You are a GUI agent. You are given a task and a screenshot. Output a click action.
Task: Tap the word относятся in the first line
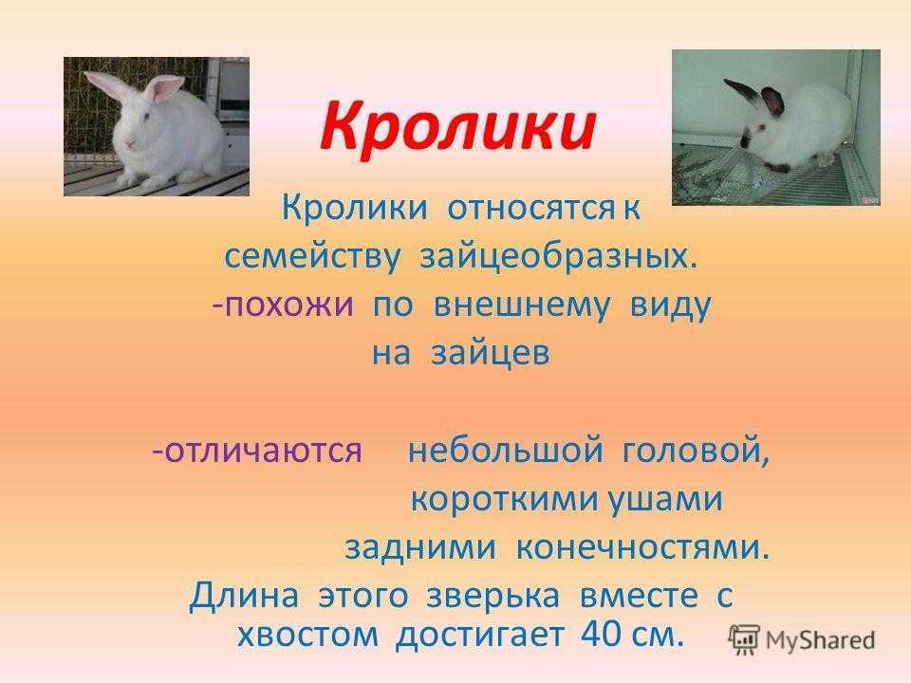(530, 208)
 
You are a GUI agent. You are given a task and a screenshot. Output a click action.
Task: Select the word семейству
(312, 256)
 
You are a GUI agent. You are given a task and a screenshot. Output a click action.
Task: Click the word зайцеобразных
(557, 256)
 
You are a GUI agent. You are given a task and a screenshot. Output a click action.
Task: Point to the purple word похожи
(288, 305)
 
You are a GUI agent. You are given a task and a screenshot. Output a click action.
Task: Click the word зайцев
(491, 353)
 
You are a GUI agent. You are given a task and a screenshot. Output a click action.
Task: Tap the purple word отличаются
(264, 450)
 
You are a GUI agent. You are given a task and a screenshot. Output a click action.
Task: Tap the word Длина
(245, 595)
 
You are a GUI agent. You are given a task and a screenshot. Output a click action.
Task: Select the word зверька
(493, 596)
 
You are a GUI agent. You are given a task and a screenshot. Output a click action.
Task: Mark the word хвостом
(307, 635)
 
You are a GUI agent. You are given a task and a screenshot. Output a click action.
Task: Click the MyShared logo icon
(745, 640)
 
